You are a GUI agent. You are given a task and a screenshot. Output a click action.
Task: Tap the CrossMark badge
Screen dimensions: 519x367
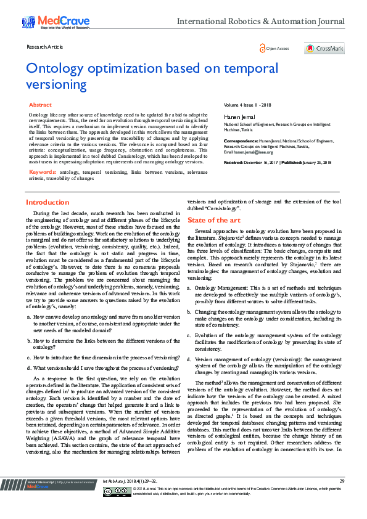click(x=324, y=48)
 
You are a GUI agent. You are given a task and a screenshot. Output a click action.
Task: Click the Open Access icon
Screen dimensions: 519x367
click(x=274, y=48)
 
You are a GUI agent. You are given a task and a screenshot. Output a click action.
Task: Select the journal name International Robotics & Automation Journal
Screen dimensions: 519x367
click(x=260, y=22)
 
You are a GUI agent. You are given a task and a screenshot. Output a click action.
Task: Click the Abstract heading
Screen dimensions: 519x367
click(x=40, y=105)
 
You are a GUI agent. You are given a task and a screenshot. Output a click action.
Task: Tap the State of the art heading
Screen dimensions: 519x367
click(x=214, y=219)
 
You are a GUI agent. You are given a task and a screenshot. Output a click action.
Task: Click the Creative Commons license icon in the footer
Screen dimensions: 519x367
click(x=117, y=508)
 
